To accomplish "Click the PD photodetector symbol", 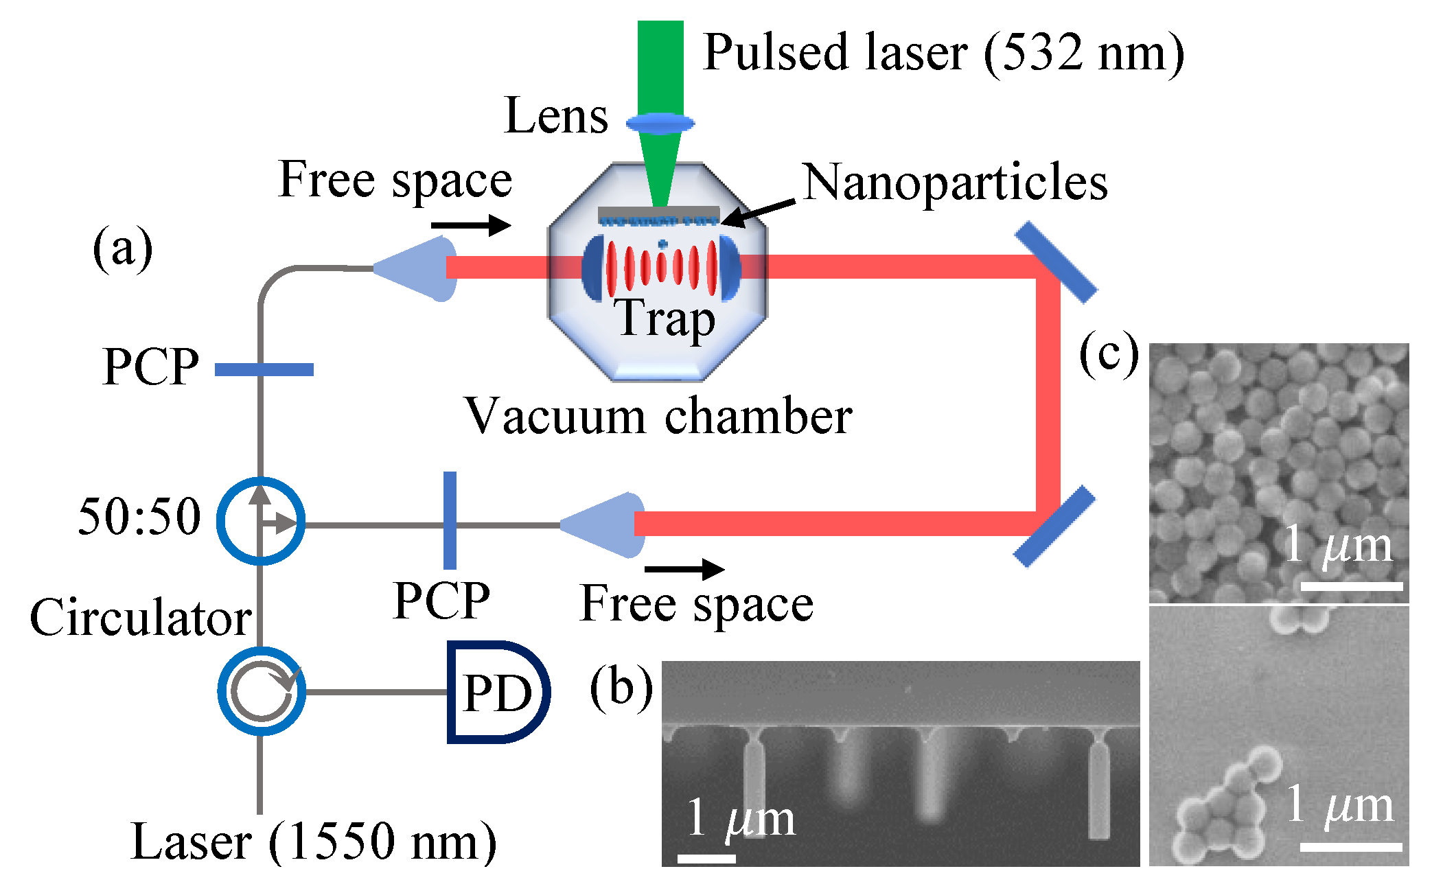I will (498, 692).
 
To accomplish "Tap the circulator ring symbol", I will (262, 691).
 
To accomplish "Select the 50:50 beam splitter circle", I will (261, 521).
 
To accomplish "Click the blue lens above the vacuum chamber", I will (660, 124).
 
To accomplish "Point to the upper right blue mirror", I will (1056, 262).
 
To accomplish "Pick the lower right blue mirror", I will (1054, 526).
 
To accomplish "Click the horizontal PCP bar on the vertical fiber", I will (264, 370).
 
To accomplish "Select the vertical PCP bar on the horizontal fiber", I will (450, 520).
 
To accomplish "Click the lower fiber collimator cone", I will (604, 524).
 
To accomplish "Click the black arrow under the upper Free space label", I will (472, 224).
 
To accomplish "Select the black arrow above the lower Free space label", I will (684, 568).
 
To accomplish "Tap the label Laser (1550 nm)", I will (314, 842).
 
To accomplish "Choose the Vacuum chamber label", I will (658, 416).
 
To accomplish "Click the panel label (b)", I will (621, 688).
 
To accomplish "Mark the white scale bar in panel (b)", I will (706, 858).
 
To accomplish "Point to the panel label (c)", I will (1109, 354).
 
